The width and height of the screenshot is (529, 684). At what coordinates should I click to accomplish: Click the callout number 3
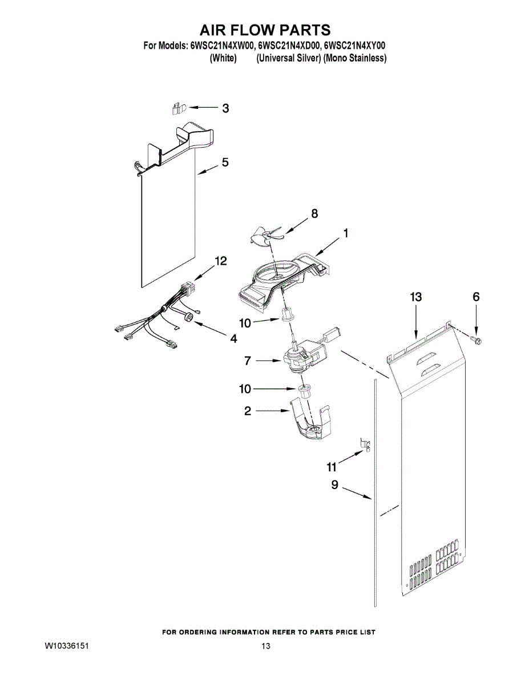tap(226, 108)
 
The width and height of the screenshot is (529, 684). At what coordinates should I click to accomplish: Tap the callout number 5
tap(225, 162)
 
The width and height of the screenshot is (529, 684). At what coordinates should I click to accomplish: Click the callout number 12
tap(220, 261)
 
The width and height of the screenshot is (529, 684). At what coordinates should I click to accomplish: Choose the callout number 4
tap(233, 339)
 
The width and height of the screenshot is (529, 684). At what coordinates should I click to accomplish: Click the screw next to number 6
tap(475, 340)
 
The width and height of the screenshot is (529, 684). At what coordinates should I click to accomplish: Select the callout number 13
tap(416, 297)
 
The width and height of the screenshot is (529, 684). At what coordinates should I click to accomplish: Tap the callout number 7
tap(247, 361)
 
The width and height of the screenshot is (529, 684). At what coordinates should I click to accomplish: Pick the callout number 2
tap(248, 410)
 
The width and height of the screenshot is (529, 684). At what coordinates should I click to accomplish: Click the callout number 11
tap(332, 467)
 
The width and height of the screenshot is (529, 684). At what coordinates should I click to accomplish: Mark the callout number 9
tap(335, 485)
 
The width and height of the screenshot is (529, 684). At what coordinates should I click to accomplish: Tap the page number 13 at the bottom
tap(265, 646)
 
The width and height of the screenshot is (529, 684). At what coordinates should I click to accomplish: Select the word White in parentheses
tap(223, 58)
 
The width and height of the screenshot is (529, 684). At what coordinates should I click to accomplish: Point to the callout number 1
tap(346, 233)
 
